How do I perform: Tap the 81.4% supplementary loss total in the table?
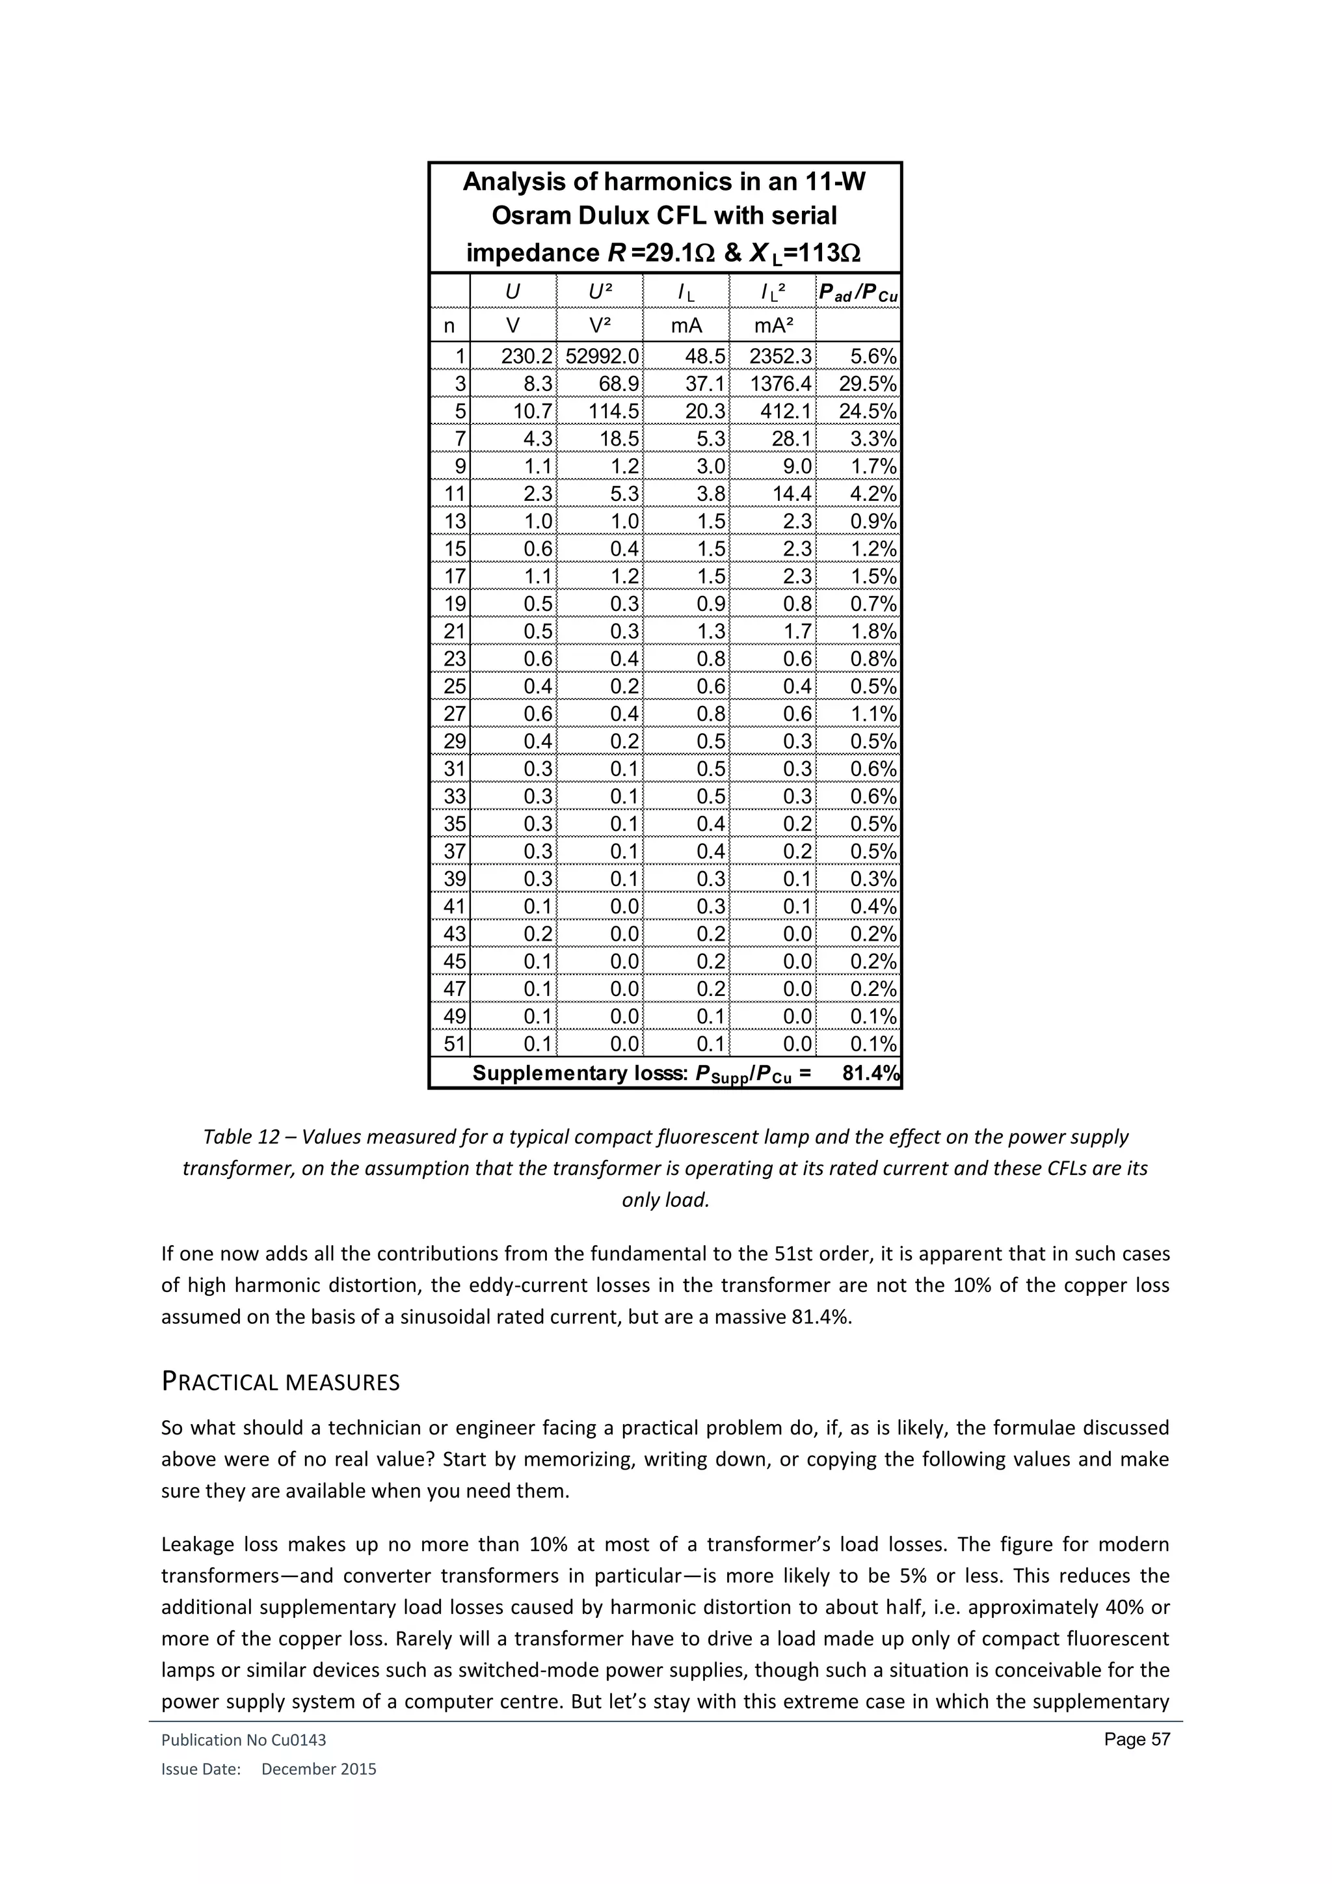[x=871, y=1073]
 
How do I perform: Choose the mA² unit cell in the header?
[x=773, y=326]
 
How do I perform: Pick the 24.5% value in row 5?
[x=868, y=412]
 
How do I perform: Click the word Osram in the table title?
[x=530, y=216]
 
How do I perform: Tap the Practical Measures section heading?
[x=280, y=1382]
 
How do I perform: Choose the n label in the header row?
[x=449, y=326]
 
